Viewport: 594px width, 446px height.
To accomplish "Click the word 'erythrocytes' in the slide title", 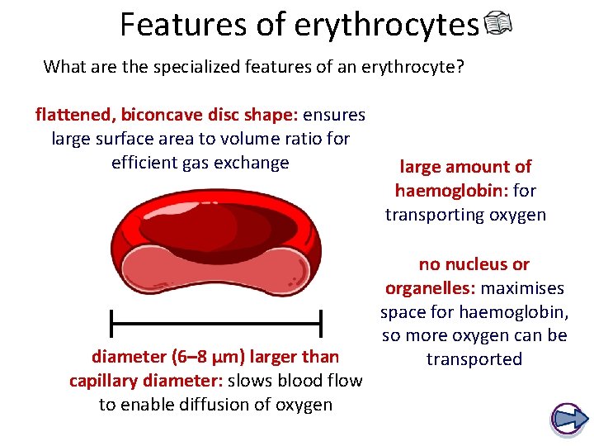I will coord(386,25).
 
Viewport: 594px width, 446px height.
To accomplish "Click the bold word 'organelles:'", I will coord(431,288).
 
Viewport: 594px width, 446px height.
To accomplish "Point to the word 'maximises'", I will coord(522,288).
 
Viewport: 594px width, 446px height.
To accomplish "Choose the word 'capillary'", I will coord(108,381).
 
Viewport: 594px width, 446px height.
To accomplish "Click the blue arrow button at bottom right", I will coord(567,420).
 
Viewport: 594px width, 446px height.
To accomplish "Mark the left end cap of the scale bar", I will coord(111,322).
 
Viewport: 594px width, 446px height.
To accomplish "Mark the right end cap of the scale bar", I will coord(320,322).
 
